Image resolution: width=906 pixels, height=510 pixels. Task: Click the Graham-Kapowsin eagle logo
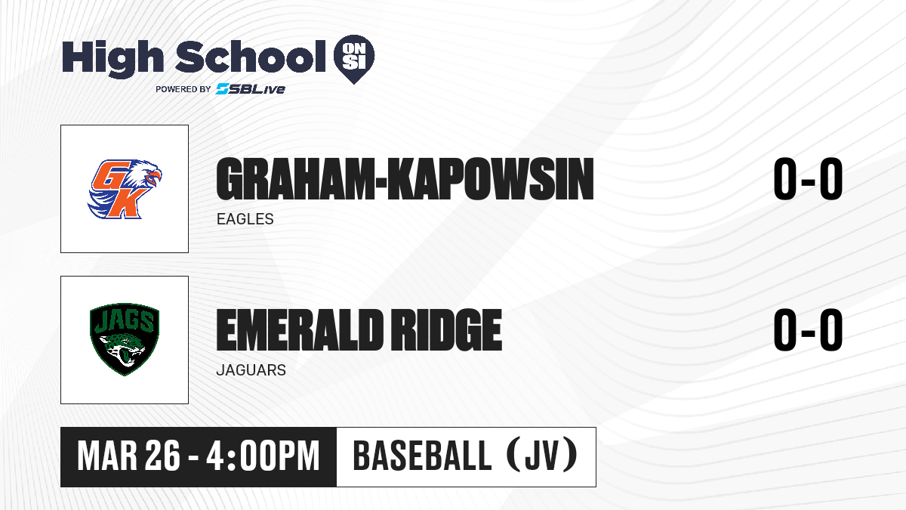(x=125, y=189)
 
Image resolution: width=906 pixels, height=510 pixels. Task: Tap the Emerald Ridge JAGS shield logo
(x=125, y=339)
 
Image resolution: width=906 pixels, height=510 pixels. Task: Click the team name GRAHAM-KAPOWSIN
(x=405, y=179)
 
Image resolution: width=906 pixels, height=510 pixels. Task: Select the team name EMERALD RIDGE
(x=359, y=329)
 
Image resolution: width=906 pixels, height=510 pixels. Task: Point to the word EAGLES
(x=245, y=219)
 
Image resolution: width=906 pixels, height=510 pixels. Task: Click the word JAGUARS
(x=251, y=370)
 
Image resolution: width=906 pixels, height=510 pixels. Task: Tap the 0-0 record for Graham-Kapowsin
(x=808, y=179)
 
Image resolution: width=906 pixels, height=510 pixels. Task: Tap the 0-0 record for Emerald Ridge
(x=808, y=329)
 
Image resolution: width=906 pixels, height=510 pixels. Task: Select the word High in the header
(x=112, y=58)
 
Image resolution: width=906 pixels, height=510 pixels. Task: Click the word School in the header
(x=251, y=56)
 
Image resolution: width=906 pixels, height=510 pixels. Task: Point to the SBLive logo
(x=251, y=89)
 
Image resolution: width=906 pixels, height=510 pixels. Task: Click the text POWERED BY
(x=183, y=89)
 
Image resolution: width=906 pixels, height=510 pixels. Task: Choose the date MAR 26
(x=128, y=456)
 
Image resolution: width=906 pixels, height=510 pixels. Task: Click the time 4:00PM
(x=263, y=456)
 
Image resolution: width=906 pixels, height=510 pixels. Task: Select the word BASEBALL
(x=422, y=456)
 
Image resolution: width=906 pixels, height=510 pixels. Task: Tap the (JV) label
(x=542, y=456)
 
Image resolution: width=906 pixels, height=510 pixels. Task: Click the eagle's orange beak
(x=154, y=177)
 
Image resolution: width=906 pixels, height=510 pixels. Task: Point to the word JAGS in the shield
(x=124, y=322)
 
